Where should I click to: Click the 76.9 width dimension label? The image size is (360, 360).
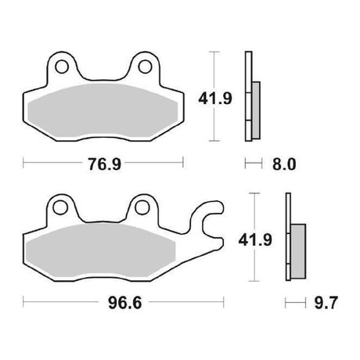coord(104,164)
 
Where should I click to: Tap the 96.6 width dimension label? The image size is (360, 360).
coord(125,303)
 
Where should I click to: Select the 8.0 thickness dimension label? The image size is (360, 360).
coord(284,164)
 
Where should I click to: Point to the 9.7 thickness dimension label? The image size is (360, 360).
coord(326,303)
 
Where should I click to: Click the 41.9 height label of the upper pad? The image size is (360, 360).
coord(215,99)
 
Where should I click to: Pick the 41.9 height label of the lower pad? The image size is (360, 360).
coord(255,239)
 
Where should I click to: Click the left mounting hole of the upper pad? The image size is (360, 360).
coord(62,67)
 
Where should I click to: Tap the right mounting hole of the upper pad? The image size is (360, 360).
coord(145,67)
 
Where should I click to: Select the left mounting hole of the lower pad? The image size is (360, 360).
coord(59,207)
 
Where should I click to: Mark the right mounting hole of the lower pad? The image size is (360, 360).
coord(142,207)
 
